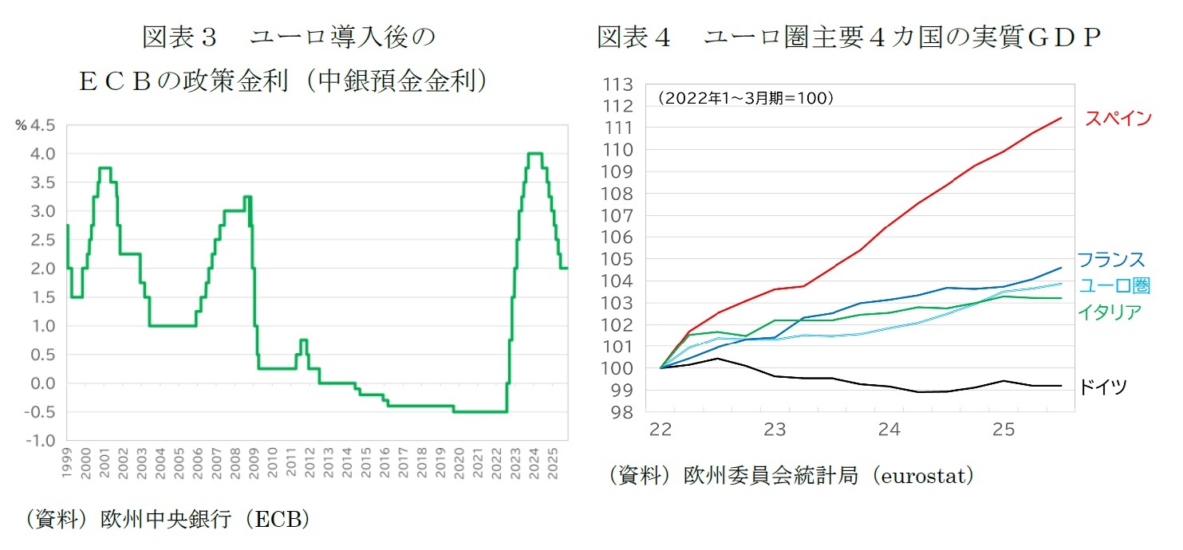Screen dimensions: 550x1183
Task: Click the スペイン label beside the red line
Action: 1118,119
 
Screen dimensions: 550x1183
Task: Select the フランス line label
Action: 1110,260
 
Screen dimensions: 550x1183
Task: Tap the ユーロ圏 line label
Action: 1114,286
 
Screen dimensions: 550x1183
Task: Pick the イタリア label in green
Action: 1110,312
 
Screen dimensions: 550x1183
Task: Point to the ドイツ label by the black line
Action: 1103,387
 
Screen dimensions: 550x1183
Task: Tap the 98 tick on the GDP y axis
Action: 623,413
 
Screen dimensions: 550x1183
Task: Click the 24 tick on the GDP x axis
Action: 889,430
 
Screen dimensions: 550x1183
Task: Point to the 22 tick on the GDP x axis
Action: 661,430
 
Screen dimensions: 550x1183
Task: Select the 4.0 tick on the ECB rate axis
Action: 43,154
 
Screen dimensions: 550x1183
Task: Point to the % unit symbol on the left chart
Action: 21,125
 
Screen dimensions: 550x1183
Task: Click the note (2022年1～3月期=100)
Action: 745,99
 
